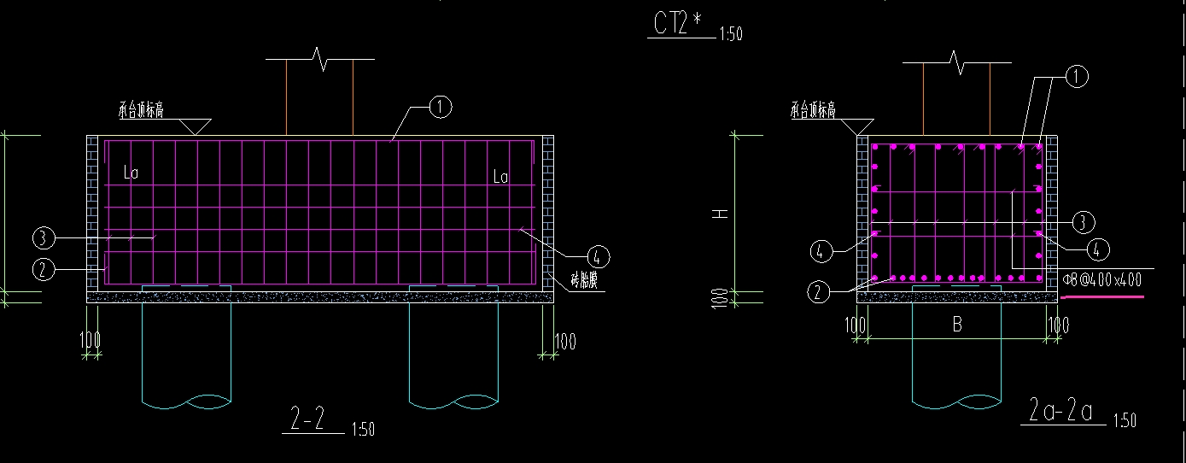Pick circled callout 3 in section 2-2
44,237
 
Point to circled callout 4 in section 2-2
598,256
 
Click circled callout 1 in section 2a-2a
1077,78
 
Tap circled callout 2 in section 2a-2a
818,292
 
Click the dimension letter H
722,214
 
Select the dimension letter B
957,325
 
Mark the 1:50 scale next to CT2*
731,35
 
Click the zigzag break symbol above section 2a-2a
957,60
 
